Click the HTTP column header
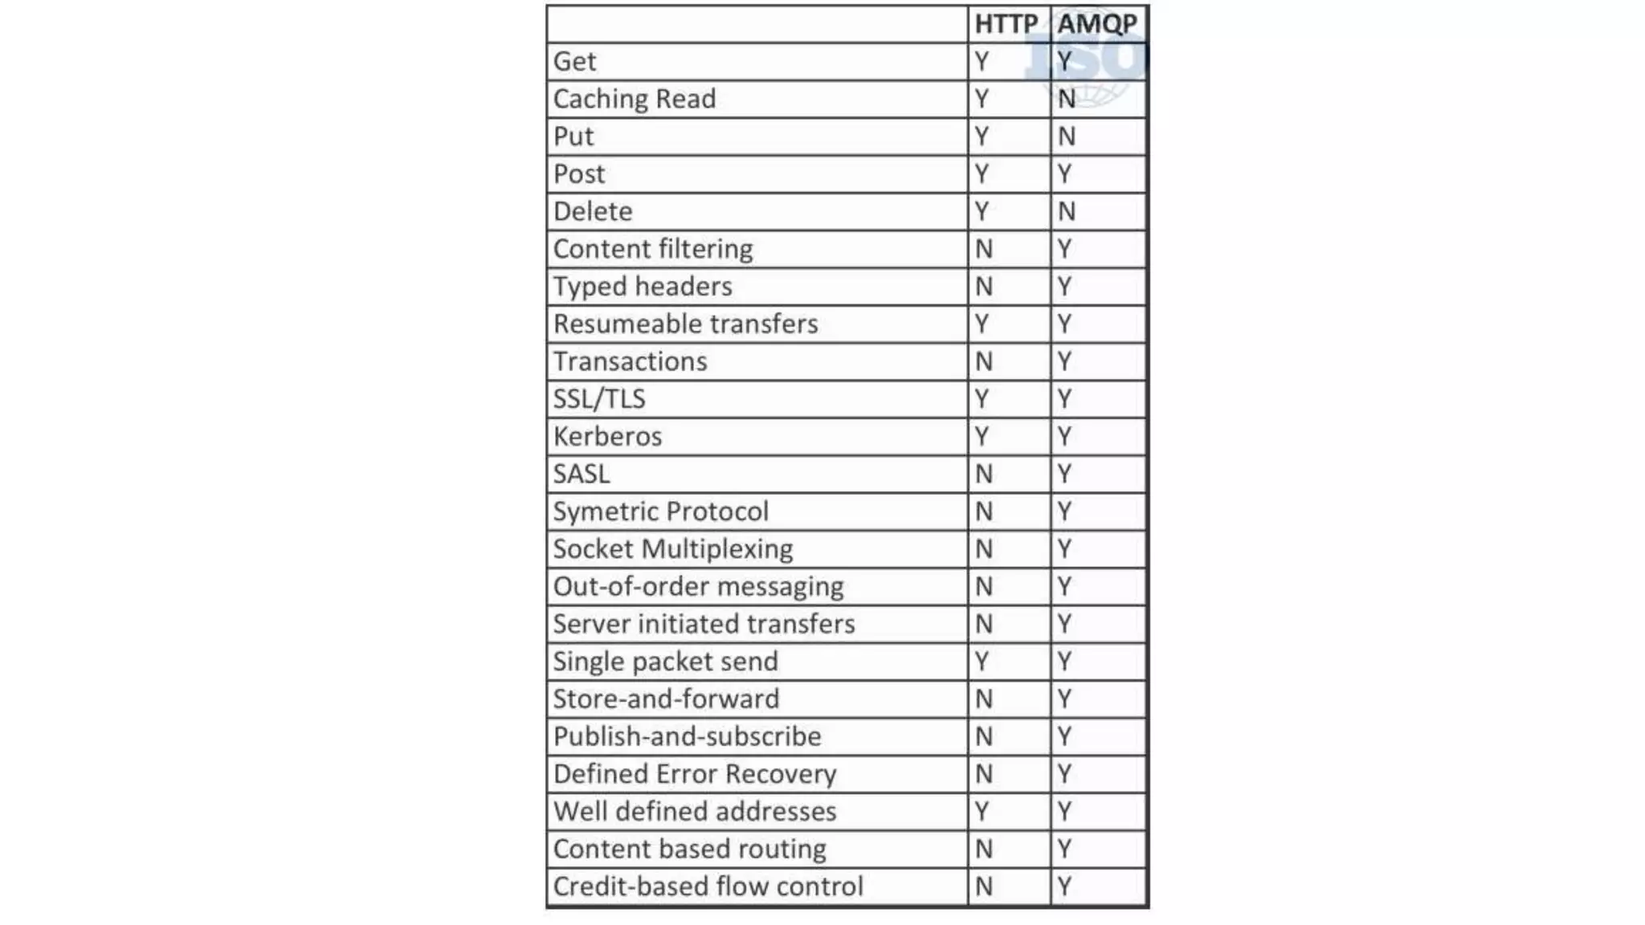coord(1006,24)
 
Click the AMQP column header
coord(1097,24)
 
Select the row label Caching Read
coord(634,99)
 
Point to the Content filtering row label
coord(653,249)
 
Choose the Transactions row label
coord(630,361)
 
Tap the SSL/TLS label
coord(599,399)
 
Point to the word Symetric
coord(606,511)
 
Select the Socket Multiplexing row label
coord(672,549)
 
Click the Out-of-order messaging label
coord(698,587)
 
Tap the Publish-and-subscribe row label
coord(687,736)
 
